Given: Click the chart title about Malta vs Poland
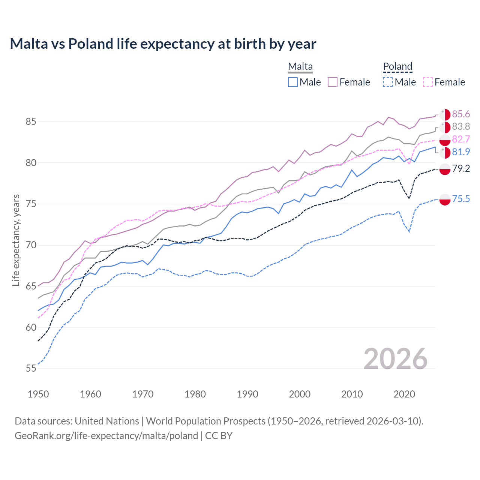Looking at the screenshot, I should tap(163, 44).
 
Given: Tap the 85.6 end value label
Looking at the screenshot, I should tap(461, 114).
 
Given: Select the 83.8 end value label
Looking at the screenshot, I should tap(461, 127).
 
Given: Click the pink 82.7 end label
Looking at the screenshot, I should tap(461, 139).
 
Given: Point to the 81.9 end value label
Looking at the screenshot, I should tap(461, 152).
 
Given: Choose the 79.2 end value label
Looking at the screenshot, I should tap(461, 168).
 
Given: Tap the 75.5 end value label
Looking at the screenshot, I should tap(461, 199).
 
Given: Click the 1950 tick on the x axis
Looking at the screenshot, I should tap(38, 394).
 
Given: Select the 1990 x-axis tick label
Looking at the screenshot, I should tap(247, 394).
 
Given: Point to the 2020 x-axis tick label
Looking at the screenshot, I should tap(404, 394).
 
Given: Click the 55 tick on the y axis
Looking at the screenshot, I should tap(31, 369).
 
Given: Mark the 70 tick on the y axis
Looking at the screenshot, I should tap(31, 245).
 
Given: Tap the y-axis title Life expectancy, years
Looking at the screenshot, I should tap(16, 240).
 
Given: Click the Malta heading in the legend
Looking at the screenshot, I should tap(300, 66).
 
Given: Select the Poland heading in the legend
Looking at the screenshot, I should tap(397, 66).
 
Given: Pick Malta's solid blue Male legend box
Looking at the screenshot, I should tap(293, 82).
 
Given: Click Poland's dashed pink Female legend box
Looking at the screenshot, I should tap(428, 82).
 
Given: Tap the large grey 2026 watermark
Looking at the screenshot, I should tap(396, 359).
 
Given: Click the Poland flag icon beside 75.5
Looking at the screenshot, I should tap(445, 199).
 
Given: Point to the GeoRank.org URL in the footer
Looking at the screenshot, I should tap(106, 436).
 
